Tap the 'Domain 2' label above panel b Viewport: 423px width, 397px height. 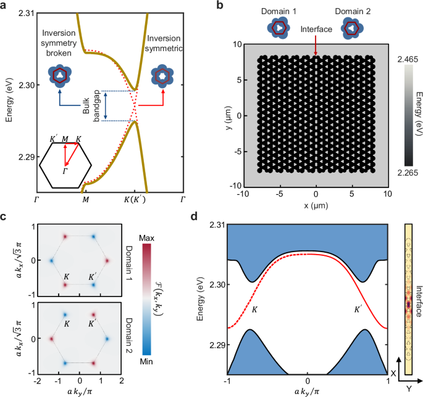tap(357, 12)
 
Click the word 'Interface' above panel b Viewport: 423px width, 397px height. tap(317, 29)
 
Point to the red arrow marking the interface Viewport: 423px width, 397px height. tap(317, 47)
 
